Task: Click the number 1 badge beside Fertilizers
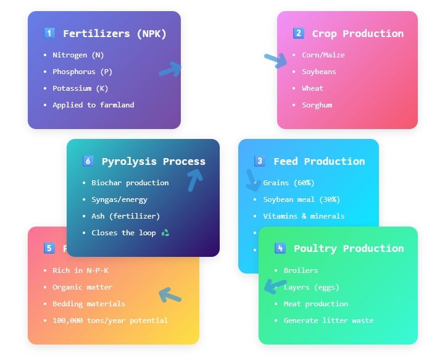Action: (x=50, y=33)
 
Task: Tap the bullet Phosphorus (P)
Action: (x=82, y=72)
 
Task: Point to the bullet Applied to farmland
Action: (x=93, y=105)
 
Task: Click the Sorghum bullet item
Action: (x=317, y=105)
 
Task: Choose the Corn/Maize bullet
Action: (x=323, y=55)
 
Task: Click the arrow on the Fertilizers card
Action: (x=170, y=69)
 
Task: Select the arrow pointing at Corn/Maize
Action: (x=275, y=59)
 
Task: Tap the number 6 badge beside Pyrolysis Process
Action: (x=88, y=161)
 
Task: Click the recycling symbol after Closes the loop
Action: (x=165, y=233)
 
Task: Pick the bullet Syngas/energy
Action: (x=119, y=199)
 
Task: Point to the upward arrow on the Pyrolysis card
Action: (x=195, y=179)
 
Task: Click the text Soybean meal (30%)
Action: (x=301, y=199)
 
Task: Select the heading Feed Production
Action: (x=319, y=161)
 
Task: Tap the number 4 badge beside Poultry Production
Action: (x=280, y=248)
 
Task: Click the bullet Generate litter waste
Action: (x=328, y=320)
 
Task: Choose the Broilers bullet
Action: (x=301, y=270)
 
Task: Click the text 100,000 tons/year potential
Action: (x=110, y=320)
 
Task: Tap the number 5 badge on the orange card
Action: (x=49, y=248)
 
